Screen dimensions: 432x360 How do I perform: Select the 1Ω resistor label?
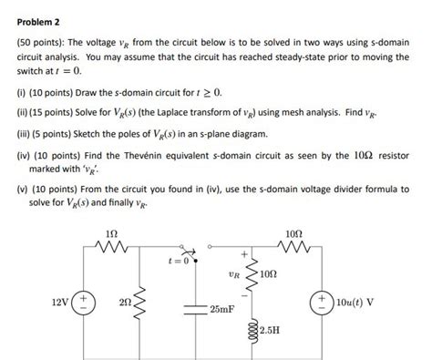pyautogui.click(x=112, y=233)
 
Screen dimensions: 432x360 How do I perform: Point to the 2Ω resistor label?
pyautogui.click(x=129, y=302)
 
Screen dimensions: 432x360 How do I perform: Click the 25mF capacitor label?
pyautogui.click(x=221, y=311)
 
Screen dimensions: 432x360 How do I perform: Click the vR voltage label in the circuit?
pyautogui.click(x=234, y=273)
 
